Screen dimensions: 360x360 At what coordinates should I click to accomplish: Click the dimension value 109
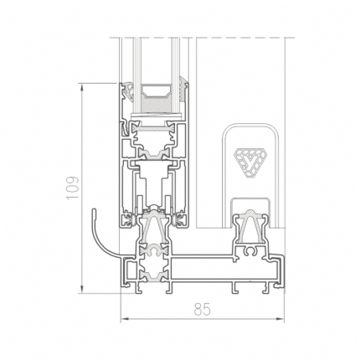[x=73, y=188]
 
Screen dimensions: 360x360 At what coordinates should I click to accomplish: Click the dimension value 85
[x=203, y=309]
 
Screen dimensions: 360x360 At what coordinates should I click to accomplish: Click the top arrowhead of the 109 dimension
[x=82, y=89]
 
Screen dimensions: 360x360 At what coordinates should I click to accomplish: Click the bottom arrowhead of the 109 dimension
[x=82, y=288]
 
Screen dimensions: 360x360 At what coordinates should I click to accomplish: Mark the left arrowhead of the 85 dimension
[x=126, y=318]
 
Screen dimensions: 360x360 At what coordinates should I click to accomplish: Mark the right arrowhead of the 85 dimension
[x=279, y=318]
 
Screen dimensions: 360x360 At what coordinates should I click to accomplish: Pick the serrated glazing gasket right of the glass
[x=183, y=90]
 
